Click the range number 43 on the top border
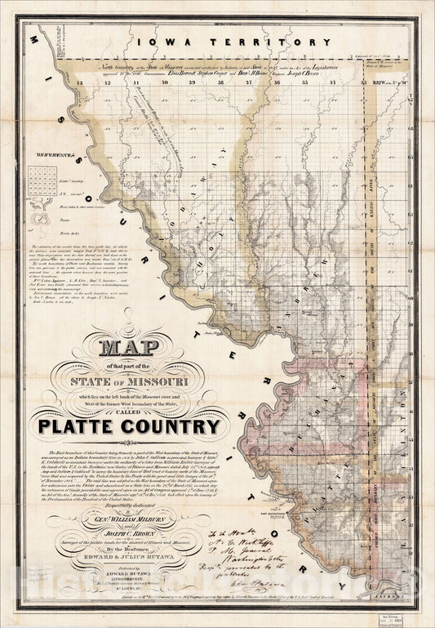tap(76, 82)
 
